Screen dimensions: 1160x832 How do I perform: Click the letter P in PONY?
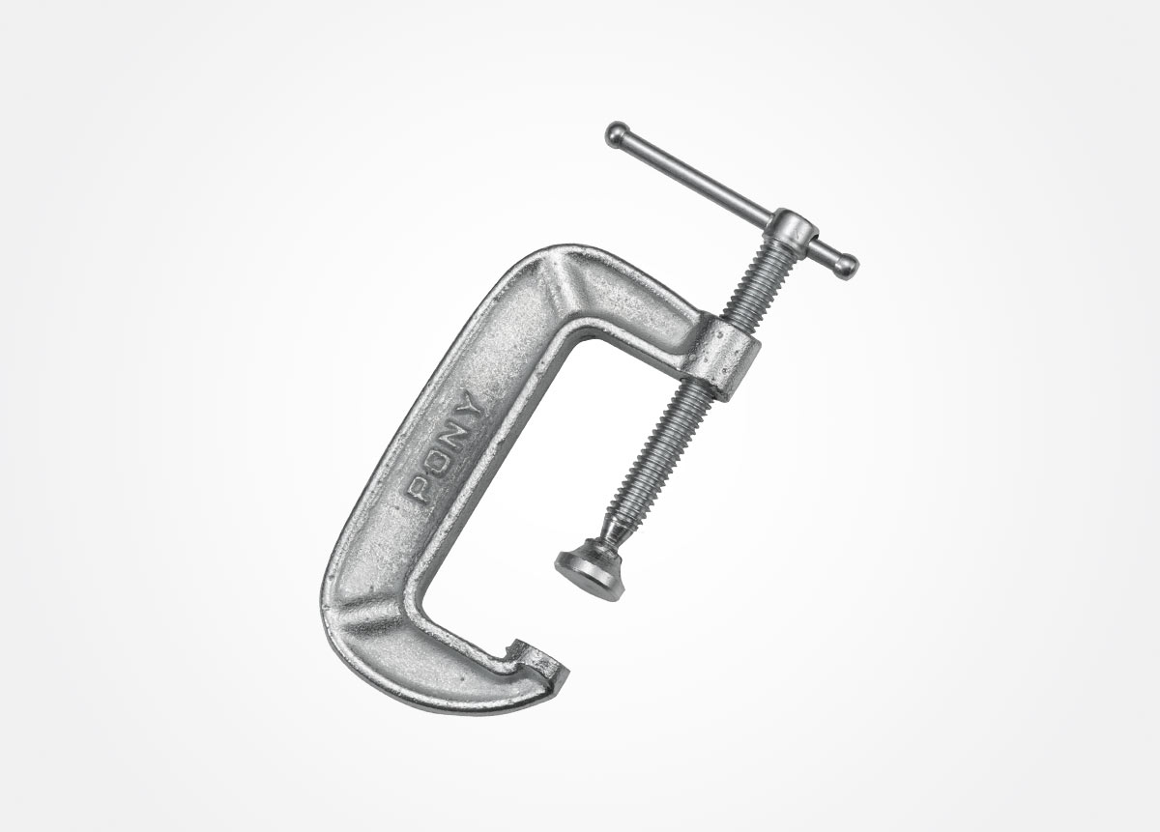[420, 490]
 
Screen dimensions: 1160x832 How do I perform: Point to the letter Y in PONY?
[472, 406]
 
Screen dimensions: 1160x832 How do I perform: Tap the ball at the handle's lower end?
[847, 266]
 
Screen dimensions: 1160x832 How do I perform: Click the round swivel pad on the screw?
[590, 569]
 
